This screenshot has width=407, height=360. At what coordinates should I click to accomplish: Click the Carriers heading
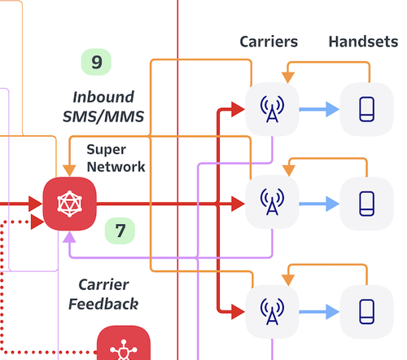(269, 42)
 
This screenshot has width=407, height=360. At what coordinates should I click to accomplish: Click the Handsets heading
(363, 42)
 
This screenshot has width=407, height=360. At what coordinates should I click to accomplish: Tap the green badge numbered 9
(96, 62)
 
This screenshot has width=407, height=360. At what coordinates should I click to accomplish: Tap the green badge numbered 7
(120, 230)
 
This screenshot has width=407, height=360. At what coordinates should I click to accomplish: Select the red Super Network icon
(70, 204)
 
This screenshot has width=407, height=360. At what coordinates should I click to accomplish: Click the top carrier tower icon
(272, 109)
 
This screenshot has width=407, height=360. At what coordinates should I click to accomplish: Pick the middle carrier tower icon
(272, 202)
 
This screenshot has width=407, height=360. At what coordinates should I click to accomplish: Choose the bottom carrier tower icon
(272, 312)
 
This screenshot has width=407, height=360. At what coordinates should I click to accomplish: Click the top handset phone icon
(367, 109)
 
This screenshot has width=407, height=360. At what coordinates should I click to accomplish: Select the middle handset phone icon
(367, 204)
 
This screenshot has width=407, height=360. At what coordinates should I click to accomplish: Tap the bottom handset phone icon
(367, 312)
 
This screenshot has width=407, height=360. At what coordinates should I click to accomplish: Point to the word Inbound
(103, 97)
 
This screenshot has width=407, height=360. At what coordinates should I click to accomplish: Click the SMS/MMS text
(103, 116)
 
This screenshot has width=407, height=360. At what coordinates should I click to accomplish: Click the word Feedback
(103, 304)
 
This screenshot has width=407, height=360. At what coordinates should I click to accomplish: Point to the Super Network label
(116, 158)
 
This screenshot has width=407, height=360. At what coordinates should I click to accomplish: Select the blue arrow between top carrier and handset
(319, 109)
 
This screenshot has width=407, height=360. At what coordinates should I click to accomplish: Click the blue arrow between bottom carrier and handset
(319, 312)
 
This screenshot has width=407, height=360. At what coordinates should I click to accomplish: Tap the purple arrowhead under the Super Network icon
(69, 237)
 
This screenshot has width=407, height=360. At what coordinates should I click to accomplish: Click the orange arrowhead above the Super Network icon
(69, 170)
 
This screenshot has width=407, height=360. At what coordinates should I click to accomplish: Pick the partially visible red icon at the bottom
(124, 343)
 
